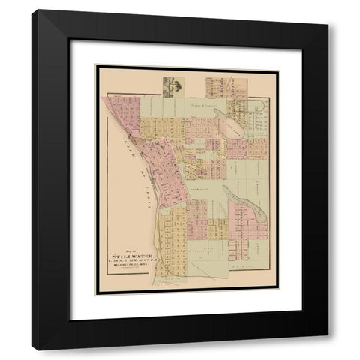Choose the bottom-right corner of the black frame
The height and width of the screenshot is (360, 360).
coord(328,349)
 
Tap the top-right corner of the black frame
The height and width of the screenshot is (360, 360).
coord(328,10)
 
